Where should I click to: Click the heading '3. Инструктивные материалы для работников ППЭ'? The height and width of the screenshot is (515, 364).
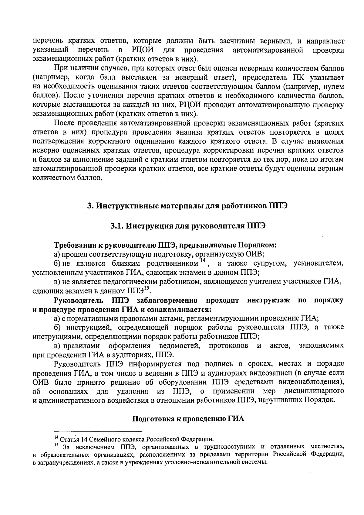pyautogui.click(x=187, y=206)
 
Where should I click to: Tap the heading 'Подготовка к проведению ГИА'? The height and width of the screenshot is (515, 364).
pyautogui.click(x=188, y=418)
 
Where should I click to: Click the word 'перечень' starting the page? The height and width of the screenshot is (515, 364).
pyautogui.click(x=49, y=41)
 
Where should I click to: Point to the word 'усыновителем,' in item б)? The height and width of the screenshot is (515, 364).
pyautogui.click(x=318, y=263)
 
